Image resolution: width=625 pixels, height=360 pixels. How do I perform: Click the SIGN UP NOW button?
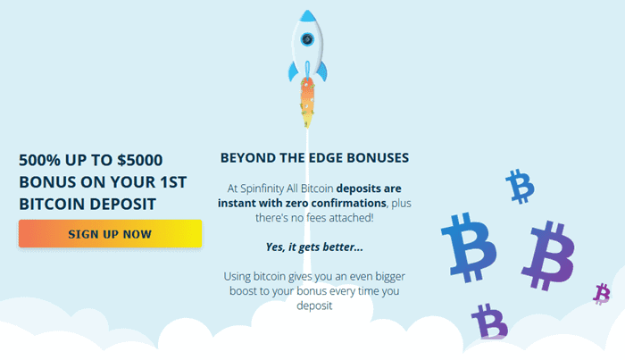pos(110,234)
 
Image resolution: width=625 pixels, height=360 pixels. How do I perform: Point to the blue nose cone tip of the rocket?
pos(306,15)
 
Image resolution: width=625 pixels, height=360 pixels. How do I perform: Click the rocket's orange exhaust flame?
pos(306,98)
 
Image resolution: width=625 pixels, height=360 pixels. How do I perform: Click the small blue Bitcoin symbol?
pos(519,187)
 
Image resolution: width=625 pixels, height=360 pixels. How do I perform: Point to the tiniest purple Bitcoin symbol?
pos(602,293)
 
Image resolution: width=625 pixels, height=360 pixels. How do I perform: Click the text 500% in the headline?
pos(41,161)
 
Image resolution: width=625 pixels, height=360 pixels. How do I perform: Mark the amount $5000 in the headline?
pos(138,161)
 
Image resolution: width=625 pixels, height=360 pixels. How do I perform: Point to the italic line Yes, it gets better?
pos(314,246)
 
